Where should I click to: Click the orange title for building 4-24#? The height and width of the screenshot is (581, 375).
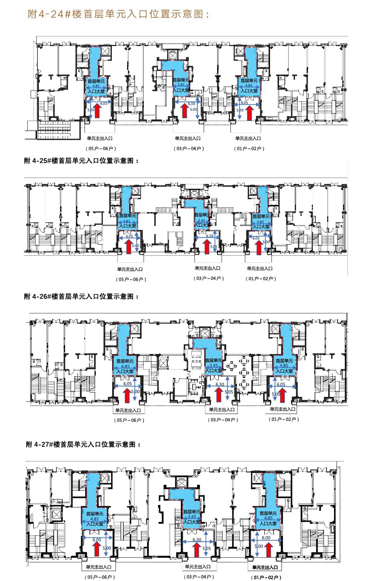pos(118,14)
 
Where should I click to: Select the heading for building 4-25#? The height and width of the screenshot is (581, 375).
pos(81,161)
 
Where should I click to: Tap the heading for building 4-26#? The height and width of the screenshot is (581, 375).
pos(81,296)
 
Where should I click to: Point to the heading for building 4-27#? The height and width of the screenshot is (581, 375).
pos(83,444)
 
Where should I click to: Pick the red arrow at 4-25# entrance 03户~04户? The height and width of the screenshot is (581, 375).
pos(206,247)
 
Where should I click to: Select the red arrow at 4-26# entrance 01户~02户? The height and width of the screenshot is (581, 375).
pos(283,395)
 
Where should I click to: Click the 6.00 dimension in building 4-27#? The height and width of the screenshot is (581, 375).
pos(266,537)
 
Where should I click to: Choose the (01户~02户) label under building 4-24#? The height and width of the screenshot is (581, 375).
pos(249,148)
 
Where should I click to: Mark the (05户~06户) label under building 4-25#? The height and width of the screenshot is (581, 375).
pos(131,279)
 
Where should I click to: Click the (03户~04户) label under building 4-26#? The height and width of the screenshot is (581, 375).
pos(223,420)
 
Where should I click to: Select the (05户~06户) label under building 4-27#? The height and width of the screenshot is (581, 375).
pos(100,577)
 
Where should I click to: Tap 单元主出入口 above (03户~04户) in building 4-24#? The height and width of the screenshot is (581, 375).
pos(188,138)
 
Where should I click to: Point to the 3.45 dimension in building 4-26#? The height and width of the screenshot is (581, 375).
pos(214,366)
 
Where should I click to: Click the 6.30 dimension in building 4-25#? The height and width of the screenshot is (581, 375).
pos(210,236)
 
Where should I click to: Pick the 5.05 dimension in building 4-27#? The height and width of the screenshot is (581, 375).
pos(207,549)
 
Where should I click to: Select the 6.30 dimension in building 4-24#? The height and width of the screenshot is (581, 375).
pos(192,104)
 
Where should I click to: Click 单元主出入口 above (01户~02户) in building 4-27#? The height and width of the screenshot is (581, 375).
pos(265,567)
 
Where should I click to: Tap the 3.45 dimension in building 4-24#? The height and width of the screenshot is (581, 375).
pos(181,85)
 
